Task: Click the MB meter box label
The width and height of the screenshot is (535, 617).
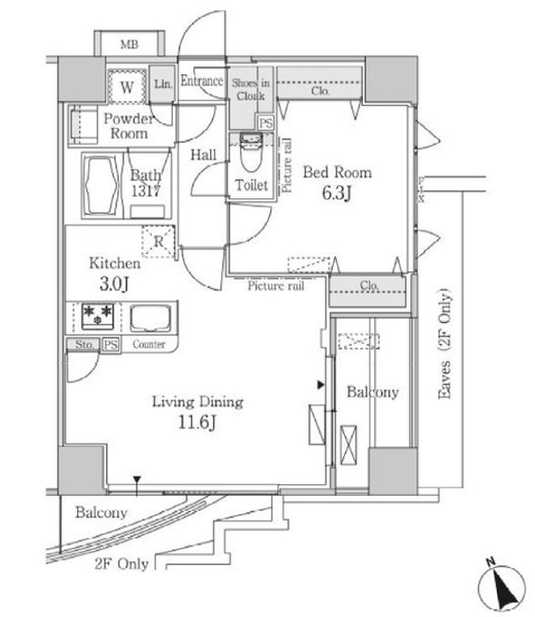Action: coord(129,44)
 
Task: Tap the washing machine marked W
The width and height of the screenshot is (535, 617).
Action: coord(126,86)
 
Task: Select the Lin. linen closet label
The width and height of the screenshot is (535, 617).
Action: coord(163,84)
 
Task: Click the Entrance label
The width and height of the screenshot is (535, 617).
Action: coord(202,81)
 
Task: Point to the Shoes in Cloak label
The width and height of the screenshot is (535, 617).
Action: coord(250,89)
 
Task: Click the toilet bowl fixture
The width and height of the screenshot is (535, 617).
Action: coord(251,152)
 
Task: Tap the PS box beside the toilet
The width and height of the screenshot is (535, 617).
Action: coord(266,123)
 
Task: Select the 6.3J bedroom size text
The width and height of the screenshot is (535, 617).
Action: coord(337,192)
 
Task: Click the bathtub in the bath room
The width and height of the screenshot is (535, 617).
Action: coord(101,186)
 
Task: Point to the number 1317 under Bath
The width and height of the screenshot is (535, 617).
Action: coord(146,191)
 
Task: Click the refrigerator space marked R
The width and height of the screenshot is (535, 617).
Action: coord(158,241)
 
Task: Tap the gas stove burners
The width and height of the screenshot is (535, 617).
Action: coord(97,316)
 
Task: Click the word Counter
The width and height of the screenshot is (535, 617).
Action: coord(148,344)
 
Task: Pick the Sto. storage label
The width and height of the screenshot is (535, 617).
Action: coord(85,345)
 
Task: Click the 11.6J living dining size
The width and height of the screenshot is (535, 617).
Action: coord(197,422)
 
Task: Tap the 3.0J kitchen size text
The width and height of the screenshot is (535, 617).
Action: coord(114,284)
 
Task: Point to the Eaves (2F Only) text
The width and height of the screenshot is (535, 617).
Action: coord(445,344)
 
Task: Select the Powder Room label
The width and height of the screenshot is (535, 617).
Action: coord(128,126)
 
